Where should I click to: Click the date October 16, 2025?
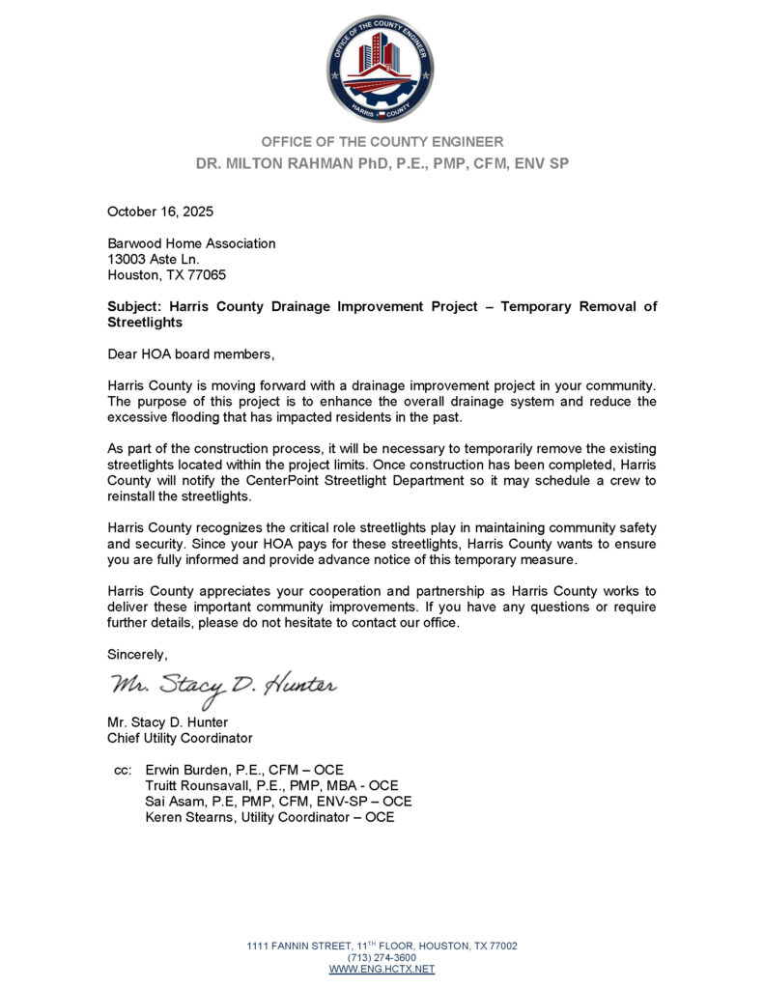point(160,212)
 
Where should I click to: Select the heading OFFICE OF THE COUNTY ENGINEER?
point(382,142)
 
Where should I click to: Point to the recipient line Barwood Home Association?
point(191,243)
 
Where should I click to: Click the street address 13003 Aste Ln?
point(153,259)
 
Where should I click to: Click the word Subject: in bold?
point(135,306)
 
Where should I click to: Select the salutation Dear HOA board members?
point(184,353)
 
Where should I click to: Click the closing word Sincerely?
point(137,654)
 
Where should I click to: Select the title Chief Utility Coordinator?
point(180,739)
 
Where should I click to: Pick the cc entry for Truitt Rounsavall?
point(271,786)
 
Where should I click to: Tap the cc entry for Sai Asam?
point(278,802)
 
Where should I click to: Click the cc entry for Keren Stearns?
point(269,817)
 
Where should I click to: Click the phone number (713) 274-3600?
point(382,957)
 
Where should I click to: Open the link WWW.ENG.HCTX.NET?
point(382,969)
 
